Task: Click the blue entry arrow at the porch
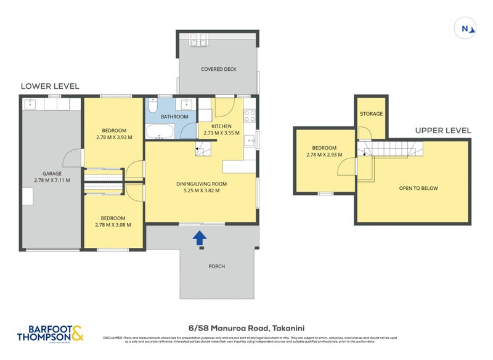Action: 199,238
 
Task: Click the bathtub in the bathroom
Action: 160,131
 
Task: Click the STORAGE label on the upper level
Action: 372,114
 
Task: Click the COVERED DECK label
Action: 218,69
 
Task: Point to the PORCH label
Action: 216,266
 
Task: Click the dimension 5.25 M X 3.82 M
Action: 201,190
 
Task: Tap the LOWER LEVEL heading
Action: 50,86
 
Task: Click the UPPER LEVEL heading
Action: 442,130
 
